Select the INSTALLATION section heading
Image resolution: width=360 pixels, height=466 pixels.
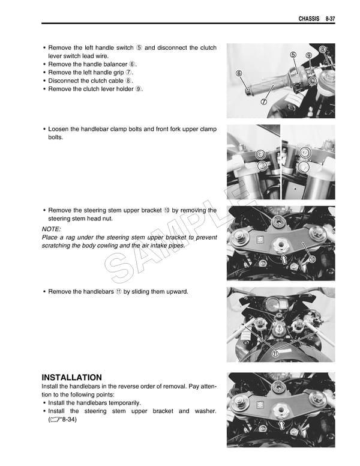click(x=71, y=377)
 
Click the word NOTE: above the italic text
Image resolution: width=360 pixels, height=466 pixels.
click(x=52, y=229)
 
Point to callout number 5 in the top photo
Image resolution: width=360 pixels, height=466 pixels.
click(x=293, y=55)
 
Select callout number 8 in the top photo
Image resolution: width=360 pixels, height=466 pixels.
click(x=323, y=49)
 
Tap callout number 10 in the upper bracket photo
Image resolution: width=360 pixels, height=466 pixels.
click(x=311, y=259)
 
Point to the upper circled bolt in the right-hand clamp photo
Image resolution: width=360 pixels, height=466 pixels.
click(x=305, y=153)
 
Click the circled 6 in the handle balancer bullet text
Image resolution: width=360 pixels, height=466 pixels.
click(x=133, y=64)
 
